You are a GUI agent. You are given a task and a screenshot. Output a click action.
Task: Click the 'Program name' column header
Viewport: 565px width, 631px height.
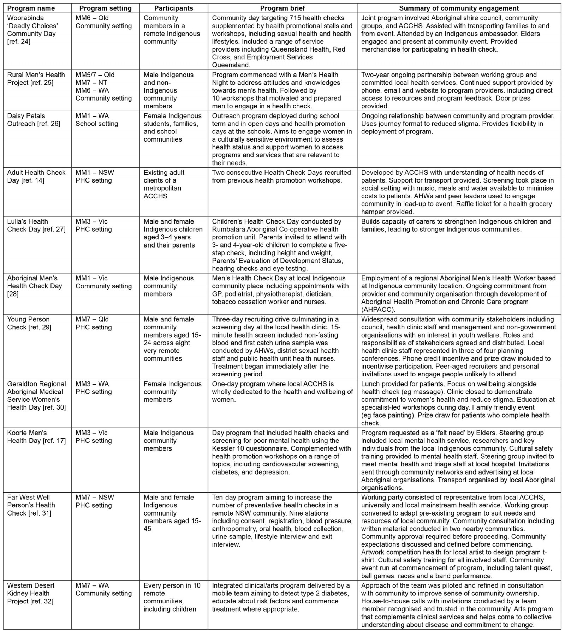coord(31,8)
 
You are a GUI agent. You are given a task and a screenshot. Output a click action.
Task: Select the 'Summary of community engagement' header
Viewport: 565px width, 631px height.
coord(459,8)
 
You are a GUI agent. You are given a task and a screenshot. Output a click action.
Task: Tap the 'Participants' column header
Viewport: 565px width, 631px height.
coord(173,8)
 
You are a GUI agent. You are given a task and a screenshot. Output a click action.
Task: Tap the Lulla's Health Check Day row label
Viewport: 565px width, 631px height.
coord(36,225)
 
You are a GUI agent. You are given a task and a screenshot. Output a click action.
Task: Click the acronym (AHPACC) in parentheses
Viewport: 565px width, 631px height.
coord(378,310)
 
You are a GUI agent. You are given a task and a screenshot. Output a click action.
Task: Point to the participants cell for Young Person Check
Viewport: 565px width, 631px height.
coord(172,339)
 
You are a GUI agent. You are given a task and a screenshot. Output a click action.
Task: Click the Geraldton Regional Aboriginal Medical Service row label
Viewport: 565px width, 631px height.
coord(36,395)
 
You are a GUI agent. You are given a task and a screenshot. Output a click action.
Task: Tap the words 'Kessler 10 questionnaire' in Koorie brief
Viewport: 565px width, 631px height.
coord(249,448)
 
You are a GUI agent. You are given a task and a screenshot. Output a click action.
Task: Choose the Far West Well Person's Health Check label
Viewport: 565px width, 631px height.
coord(31,505)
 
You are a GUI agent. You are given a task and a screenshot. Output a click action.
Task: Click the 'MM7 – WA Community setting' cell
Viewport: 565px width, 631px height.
coord(103,589)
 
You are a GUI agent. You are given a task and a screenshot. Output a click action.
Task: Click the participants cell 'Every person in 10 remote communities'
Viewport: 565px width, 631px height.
coord(172,597)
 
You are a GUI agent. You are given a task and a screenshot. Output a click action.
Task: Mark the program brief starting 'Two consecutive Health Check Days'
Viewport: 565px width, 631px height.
coord(281,177)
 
